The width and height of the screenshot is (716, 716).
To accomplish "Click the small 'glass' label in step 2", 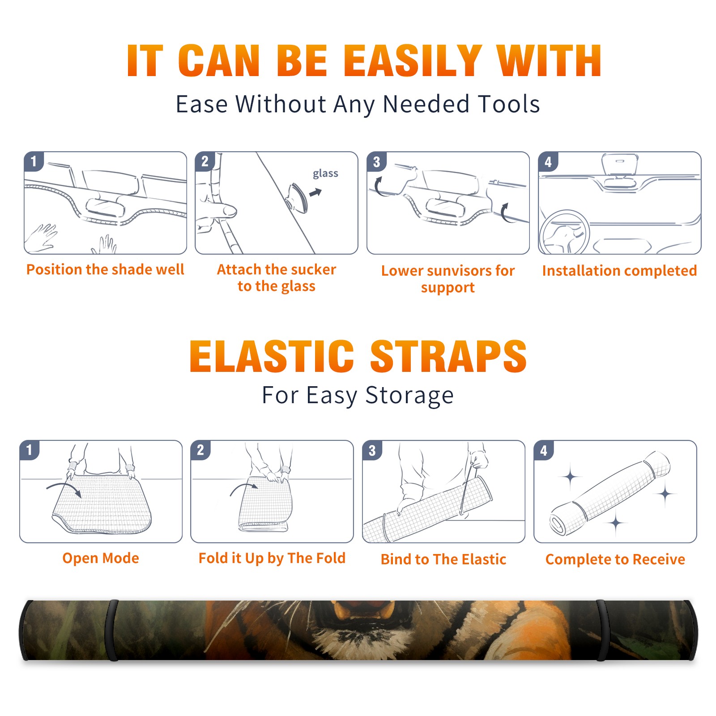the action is point(325,174).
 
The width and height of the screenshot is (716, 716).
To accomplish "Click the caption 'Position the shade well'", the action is point(105,269).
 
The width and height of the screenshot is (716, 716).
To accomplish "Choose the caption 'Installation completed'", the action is point(619,271).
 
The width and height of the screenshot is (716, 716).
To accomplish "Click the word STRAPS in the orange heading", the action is point(448,356).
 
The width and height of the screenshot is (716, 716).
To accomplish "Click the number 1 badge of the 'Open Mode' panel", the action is point(30,450).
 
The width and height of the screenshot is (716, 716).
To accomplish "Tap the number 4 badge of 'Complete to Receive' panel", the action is point(544,450).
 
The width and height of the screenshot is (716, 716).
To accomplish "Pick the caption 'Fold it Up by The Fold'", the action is point(272,558).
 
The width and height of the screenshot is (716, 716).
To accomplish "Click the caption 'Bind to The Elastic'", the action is point(443,559).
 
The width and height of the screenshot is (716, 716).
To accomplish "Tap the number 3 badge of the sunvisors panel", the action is point(376,162).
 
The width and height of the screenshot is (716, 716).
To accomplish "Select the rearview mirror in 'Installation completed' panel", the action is point(620,165).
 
